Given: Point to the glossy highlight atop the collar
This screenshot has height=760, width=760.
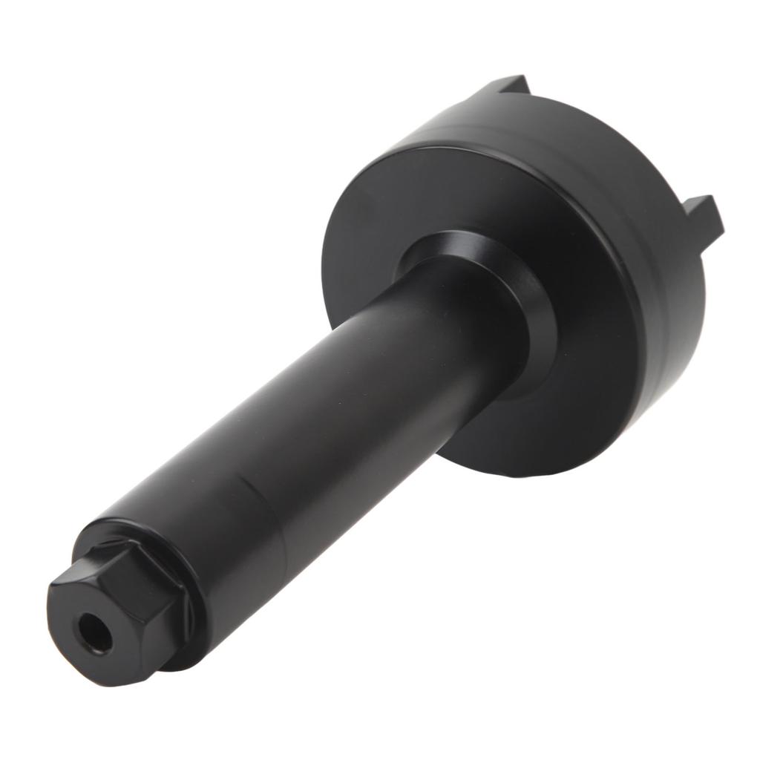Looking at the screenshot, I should tap(445, 245).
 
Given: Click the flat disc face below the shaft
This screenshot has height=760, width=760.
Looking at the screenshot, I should tap(505, 430).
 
